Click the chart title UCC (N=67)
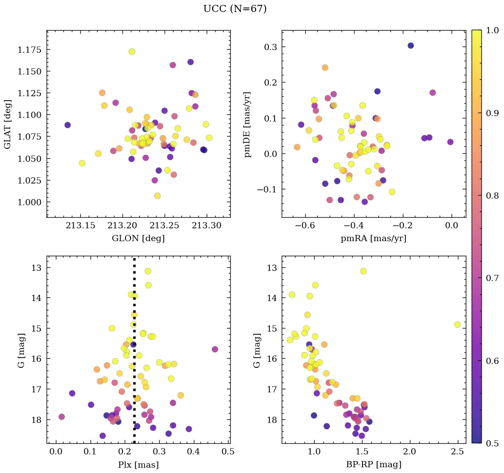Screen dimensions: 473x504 (x=235, y=9)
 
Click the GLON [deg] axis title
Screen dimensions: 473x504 (x=138, y=238)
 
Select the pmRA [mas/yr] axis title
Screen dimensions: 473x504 (x=373, y=238)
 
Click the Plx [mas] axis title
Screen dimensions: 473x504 (x=138, y=465)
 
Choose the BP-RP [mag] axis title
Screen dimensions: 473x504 (x=373, y=465)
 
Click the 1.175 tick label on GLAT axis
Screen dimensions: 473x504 (x=30, y=50)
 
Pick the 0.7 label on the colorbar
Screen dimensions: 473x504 (x=490, y=278)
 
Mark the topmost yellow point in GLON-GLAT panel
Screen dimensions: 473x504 (x=132, y=51)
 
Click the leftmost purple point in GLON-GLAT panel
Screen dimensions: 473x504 (x=67, y=125)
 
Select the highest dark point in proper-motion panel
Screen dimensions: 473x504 (x=411, y=46)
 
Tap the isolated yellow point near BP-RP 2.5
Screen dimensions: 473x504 (x=457, y=324)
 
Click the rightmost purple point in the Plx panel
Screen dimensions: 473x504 (x=215, y=349)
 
